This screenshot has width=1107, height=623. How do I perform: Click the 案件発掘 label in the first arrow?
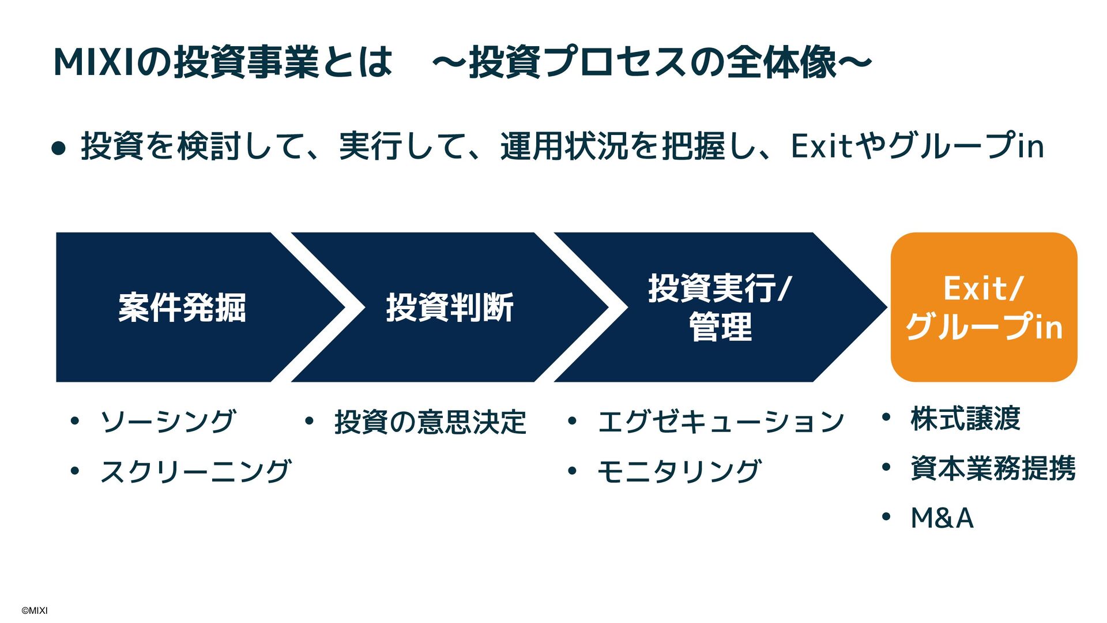pyautogui.click(x=182, y=307)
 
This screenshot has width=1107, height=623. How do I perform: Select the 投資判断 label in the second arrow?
pyautogui.click(x=450, y=307)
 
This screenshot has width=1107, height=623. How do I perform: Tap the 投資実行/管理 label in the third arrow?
pyautogui.click(x=720, y=307)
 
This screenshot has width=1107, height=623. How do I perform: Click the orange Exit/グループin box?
pyautogui.click(x=984, y=307)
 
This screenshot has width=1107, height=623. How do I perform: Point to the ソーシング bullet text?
pyautogui.click(x=168, y=421)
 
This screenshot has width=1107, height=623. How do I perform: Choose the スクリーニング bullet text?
pyautogui.click(x=196, y=471)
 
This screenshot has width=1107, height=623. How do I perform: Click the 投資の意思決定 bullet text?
pyautogui.click(x=430, y=422)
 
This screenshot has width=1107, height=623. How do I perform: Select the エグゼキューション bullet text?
pyautogui.click(x=721, y=422)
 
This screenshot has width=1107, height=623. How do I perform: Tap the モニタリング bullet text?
pyautogui.click(x=679, y=471)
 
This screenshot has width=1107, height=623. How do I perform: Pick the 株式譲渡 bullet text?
pyautogui.click(x=965, y=419)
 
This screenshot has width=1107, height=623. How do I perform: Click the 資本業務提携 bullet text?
pyautogui.click(x=993, y=468)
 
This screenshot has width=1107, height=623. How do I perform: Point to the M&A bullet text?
pyautogui.click(x=942, y=517)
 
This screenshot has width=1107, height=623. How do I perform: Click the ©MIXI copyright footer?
pyautogui.click(x=35, y=610)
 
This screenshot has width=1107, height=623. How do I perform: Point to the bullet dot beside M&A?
pyautogui.click(x=886, y=516)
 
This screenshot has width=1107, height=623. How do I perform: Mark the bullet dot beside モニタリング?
pyautogui.click(x=572, y=471)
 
